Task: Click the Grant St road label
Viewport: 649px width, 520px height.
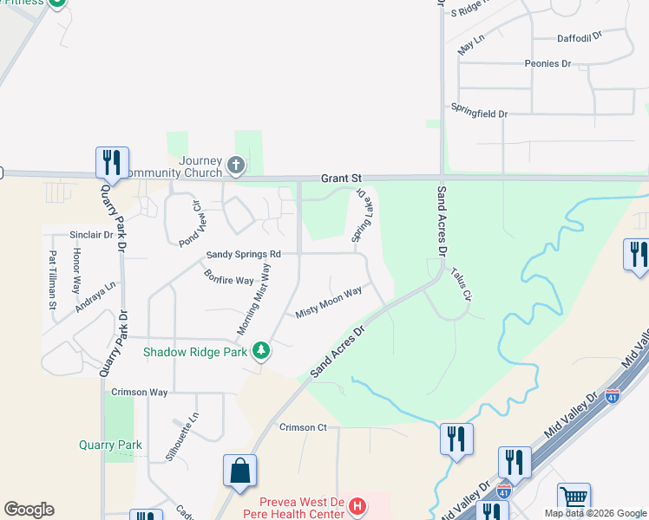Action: point(340,178)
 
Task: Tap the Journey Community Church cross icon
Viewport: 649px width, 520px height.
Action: point(234,164)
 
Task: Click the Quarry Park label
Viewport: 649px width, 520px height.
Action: point(109,445)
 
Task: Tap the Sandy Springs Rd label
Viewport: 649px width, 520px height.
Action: point(243,255)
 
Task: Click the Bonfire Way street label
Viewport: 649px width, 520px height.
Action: point(229,280)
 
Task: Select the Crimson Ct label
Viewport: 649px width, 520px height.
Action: point(303,427)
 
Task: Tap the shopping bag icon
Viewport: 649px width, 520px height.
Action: point(239,471)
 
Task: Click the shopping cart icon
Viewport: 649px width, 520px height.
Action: point(574,498)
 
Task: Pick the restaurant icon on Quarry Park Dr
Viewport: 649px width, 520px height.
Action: point(112,162)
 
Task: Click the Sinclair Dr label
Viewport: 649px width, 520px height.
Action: point(91,235)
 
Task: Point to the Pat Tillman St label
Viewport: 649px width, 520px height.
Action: point(53,280)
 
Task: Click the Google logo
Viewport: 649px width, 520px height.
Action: point(29,510)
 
